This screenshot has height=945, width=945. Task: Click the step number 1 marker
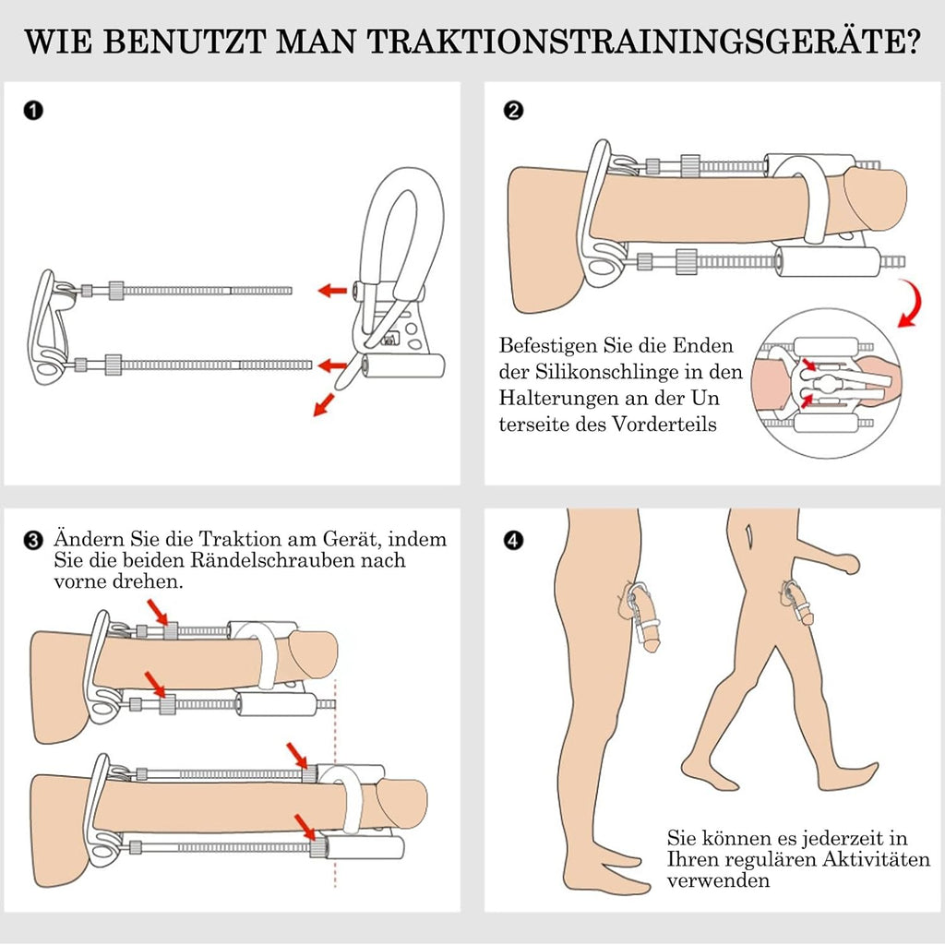point(32,112)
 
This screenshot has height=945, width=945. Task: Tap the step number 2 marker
point(514,112)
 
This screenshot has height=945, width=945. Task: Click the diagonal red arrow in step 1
point(324,402)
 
